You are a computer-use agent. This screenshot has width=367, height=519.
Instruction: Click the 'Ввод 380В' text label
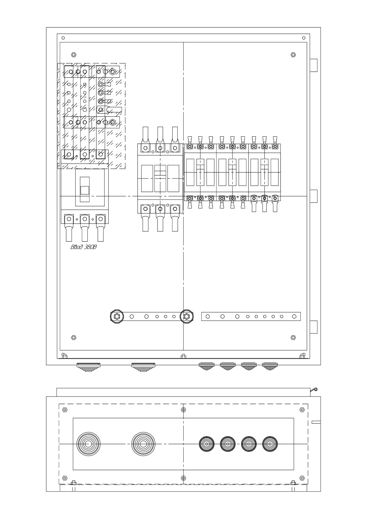point(84,247)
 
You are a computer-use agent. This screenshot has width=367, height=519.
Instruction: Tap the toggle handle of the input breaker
point(85,190)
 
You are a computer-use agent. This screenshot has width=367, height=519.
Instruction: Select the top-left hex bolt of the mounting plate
point(74,55)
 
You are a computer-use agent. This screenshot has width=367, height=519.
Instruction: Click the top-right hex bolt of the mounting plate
point(293,55)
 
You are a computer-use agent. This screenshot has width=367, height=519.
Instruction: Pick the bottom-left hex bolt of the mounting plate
point(74,338)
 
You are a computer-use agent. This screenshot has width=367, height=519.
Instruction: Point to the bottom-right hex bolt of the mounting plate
point(293,338)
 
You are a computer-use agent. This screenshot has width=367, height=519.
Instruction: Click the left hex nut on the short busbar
point(117,316)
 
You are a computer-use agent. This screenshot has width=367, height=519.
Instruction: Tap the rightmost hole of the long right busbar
point(294,316)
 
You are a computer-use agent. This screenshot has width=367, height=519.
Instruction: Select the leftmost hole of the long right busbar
point(208,316)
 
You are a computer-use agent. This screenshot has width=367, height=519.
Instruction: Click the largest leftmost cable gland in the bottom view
point(88,444)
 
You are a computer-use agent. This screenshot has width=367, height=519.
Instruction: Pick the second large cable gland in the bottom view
point(143,444)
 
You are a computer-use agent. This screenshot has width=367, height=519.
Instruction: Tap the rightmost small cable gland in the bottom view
point(270,444)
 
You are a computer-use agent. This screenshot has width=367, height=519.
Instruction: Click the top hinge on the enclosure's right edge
point(314,65)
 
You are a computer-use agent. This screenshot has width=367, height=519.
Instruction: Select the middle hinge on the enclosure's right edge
point(314,196)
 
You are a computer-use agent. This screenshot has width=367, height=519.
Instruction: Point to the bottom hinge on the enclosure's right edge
point(314,327)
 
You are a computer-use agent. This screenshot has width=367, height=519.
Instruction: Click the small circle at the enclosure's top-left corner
point(63,38)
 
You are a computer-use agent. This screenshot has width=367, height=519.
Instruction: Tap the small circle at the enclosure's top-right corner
point(304,38)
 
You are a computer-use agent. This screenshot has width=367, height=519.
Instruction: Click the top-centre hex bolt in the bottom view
point(183,410)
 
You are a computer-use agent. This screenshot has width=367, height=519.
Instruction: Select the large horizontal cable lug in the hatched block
point(109,110)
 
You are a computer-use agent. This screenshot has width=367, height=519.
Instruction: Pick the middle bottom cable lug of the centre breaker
point(160,218)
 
